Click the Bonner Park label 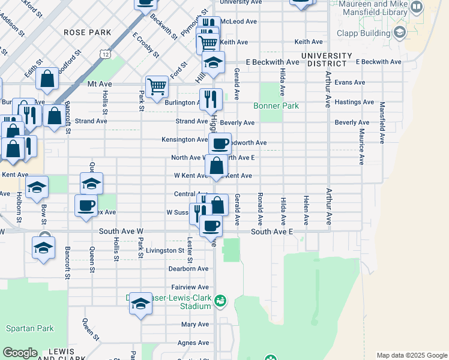pos(276,106)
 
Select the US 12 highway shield pos(106,55)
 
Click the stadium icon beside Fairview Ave pos(220,300)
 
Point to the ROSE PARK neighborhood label pos(88,31)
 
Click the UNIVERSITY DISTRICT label pos(327,59)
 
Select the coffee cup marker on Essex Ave pos(85,205)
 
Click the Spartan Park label pos(30,328)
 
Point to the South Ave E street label pos(272,232)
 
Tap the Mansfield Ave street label pos(382,122)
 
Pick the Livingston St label pos(164,250)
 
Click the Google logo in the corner pos(20,353)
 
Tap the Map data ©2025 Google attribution pos(411,355)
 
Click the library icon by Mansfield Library pos(415,7)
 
